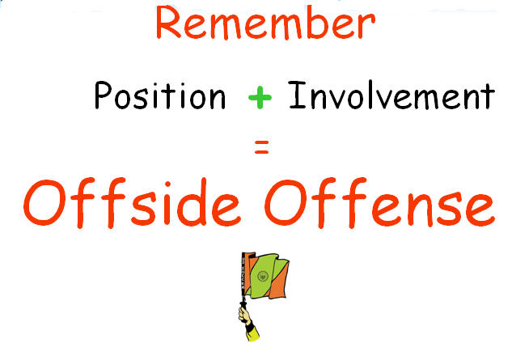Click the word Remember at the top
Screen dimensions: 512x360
(266, 22)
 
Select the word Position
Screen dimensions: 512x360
(160, 95)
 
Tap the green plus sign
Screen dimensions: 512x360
(260, 97)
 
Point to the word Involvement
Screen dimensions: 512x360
(391, 95)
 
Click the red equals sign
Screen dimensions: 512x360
(261, 146)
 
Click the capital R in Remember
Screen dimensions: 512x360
(169, 22)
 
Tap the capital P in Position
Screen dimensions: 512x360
(103, 95)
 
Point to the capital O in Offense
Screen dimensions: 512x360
(286, 203)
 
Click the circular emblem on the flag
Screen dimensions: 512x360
(263, 277)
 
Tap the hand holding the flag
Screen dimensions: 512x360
(244, 314)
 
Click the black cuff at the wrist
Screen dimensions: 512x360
(249, 325)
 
